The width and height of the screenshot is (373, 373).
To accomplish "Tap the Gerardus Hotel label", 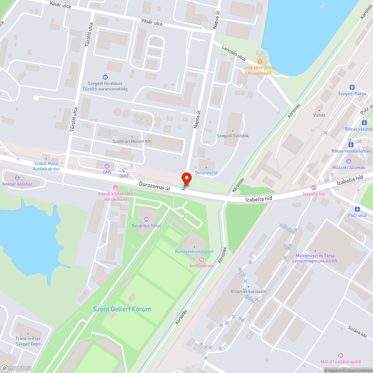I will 146,226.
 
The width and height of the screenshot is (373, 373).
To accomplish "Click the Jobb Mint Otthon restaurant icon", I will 260,62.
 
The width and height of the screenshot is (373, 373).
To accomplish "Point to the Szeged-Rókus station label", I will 352,94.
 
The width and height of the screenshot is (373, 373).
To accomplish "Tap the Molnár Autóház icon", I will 17,178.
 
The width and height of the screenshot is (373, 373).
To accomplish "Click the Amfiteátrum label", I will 201,266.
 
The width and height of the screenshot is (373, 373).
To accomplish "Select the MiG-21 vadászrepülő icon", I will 340,355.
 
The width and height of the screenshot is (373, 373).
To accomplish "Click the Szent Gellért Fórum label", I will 122,309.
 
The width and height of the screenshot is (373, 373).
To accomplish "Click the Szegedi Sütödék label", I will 233,136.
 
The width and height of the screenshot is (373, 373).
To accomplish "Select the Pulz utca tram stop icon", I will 357,209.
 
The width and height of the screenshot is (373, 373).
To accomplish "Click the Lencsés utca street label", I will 234,53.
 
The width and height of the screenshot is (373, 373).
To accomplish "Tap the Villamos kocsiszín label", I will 248,291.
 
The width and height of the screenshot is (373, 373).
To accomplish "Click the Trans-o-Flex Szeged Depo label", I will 28,341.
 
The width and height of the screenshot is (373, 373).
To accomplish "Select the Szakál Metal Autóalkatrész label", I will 46,166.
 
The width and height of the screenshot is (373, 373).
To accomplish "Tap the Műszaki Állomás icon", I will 349,161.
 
